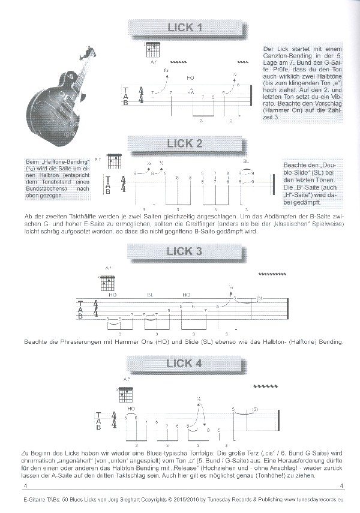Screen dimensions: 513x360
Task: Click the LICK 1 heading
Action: tap(186, 27)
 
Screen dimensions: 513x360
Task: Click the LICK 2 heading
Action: tap(186, 143)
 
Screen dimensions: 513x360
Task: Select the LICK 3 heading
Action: tap(186, 251)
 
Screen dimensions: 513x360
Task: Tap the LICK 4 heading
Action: tap(186, 364)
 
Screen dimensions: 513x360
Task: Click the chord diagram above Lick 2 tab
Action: tap(114, 161)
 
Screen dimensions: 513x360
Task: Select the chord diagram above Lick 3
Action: tap(108, 283)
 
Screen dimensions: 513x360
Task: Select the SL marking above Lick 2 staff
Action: tap(246, 161)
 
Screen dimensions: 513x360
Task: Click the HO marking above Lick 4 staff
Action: tap(131, 409)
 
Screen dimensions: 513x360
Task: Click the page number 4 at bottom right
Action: tap(340, 486)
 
